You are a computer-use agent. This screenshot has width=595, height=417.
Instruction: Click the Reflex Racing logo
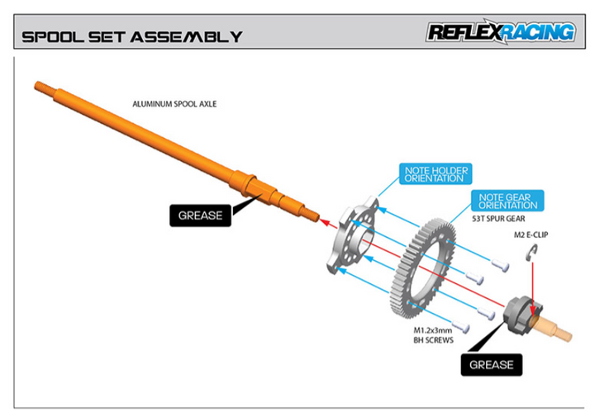click(500, 32)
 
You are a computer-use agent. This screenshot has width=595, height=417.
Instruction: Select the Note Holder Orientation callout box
click(435, 173)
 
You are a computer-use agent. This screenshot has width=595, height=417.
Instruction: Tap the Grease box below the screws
click(491, 364)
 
